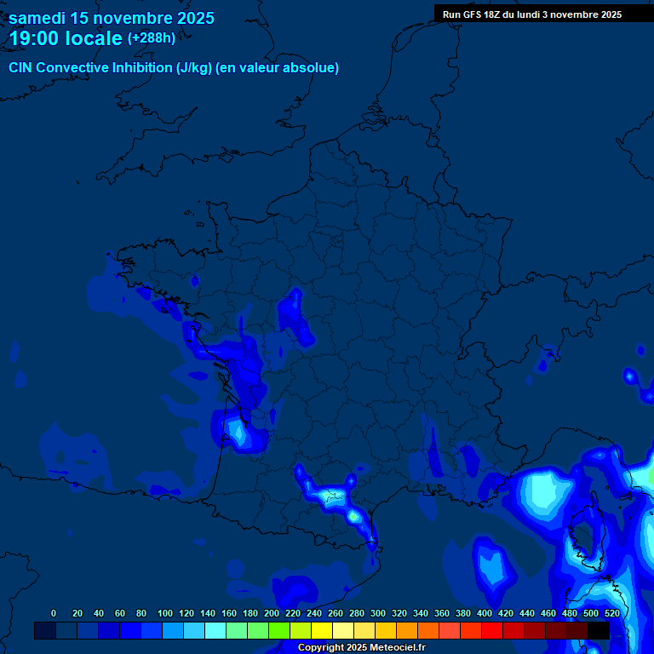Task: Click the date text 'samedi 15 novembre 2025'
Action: click(112, 18)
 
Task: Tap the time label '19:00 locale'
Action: click(66, 38)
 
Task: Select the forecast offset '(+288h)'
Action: click(152, 38)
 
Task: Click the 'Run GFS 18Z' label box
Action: click(532, 14)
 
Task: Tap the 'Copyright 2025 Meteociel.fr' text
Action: click(361, 648)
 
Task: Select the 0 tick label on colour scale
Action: click(54, 613)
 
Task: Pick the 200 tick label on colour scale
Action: click(272, 613)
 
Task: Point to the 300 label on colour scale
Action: click(378, 613)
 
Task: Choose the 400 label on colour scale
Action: click(485, 613)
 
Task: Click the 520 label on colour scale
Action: click(611, 613)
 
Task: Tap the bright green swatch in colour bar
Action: click(279, 630)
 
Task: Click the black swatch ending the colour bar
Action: click(599, 630)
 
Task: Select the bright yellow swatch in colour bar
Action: click(322, 630)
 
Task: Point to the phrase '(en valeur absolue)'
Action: click(278, 68)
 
